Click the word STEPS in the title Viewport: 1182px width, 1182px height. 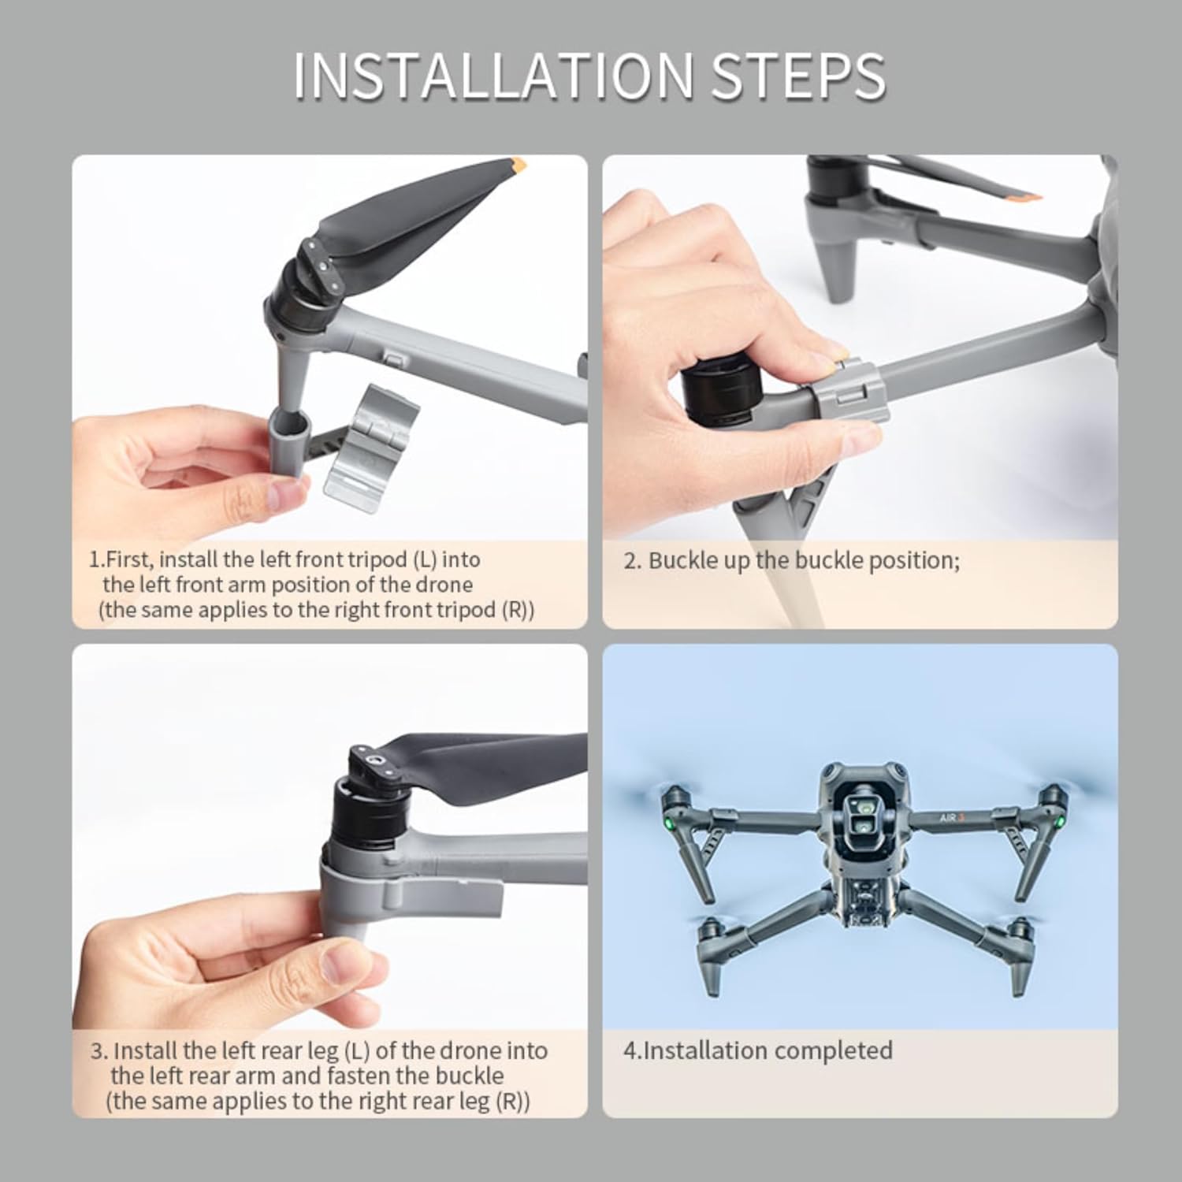(798, 76)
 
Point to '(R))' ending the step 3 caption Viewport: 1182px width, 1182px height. (513, 1101)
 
